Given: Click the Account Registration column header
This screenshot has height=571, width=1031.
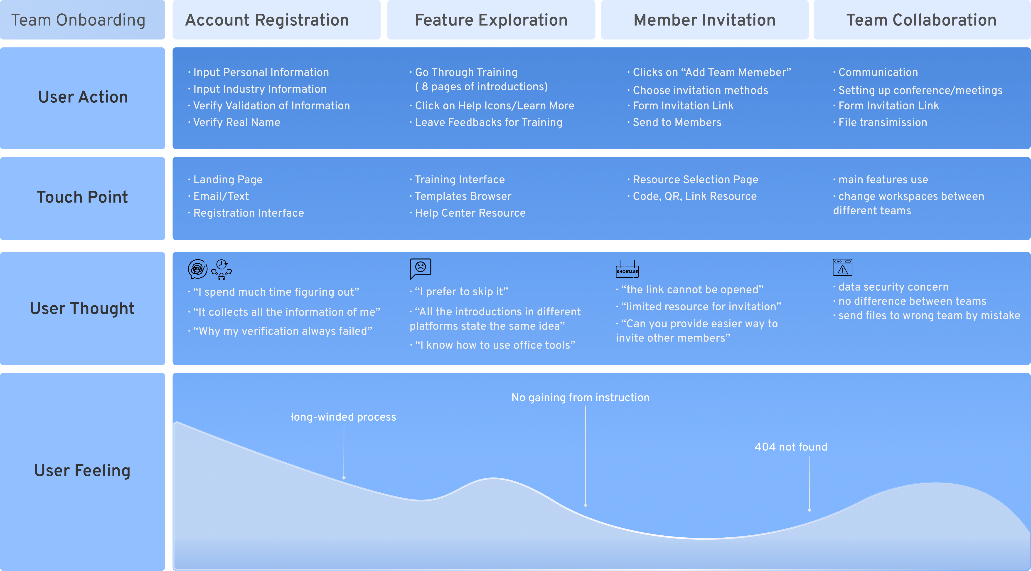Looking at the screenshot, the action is (x=267, y=20).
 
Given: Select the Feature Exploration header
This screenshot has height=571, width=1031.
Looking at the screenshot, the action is (x=491, y=20).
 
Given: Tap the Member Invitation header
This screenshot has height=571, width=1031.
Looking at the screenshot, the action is (x=704, y=20).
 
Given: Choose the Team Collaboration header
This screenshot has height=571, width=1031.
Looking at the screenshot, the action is (x=921, y=20).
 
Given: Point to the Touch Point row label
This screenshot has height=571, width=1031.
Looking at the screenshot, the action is (x=82, y=197).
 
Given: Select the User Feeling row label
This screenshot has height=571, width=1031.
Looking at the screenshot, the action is (x=82, y=470).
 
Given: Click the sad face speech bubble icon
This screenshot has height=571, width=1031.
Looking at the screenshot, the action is (x=420, y=269).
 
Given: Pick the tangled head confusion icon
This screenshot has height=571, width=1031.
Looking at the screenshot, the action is (x=198, y=269).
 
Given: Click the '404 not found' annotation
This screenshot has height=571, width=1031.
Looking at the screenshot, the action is (x=791, y=447).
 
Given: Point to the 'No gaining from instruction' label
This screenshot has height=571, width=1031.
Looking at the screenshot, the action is (x=580, y=398).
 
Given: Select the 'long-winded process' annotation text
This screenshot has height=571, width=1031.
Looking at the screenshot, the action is (x=343, y=417).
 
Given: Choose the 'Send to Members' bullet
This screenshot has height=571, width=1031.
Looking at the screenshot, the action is (x=674, y=123).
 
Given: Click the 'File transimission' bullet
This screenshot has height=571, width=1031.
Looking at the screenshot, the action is (x=880, y=123).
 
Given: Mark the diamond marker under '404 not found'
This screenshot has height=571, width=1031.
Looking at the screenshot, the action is (x=809, y=510).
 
